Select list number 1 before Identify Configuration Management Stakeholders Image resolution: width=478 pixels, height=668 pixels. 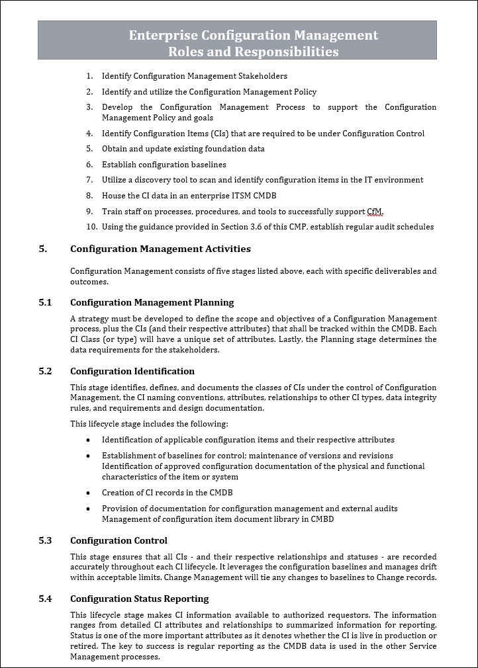click(89, 77)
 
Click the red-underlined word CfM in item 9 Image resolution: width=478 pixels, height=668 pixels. click(375, 212)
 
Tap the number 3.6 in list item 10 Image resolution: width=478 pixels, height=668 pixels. click(245, 227)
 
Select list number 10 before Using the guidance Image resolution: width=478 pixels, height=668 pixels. click(91, 227)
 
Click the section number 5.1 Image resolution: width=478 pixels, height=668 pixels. click(45, 302)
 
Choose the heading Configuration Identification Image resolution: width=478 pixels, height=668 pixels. click(132, 371)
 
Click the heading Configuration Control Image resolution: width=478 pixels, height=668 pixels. click(119, 540)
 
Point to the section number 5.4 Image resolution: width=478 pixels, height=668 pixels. click(45, 599)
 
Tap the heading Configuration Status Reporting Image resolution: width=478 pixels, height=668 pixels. click(139, 599)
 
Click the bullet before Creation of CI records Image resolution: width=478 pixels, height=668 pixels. click(89, 493)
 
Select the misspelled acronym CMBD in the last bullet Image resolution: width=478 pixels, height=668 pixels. click(321, 519)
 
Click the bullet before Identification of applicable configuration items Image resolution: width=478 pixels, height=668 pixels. click(89, 440)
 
